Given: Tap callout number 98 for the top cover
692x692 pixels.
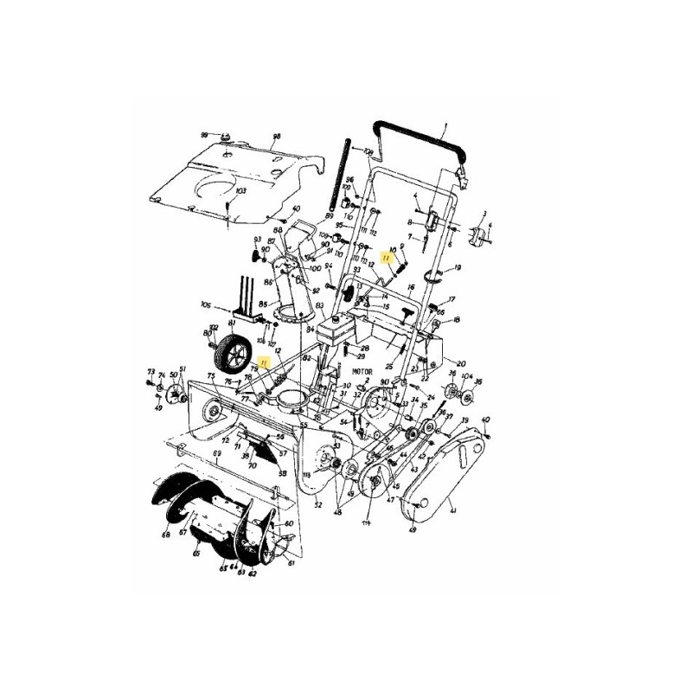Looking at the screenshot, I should (277, 136).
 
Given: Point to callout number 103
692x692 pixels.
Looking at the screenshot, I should (240, 190).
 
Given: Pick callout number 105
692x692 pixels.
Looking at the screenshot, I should (205, 304).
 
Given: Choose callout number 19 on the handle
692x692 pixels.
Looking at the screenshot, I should (458, 267).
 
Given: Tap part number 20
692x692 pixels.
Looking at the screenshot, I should (461, 362).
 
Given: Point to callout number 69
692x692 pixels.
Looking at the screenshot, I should (216, 453).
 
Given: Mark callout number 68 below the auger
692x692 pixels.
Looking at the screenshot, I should (164, 535).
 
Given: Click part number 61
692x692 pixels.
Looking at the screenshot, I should (292, 563).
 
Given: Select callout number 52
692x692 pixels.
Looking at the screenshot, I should (318, 504).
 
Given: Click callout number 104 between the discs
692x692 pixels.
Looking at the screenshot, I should (467, 378).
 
